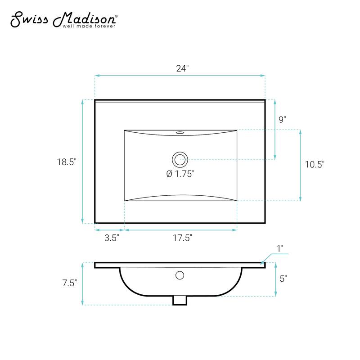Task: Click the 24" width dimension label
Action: pos(182,68)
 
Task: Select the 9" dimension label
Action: pos(282,119)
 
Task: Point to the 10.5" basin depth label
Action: pos(315,165)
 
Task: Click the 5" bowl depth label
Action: pos(283,279)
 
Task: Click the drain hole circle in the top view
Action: pos(180,159)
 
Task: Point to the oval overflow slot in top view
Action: pos(180,133)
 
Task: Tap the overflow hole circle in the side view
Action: pos(180,275)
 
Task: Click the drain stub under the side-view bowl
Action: pos(180,300)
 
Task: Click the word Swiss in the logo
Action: pos(28,19)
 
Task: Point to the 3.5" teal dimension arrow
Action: pos(109,230)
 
